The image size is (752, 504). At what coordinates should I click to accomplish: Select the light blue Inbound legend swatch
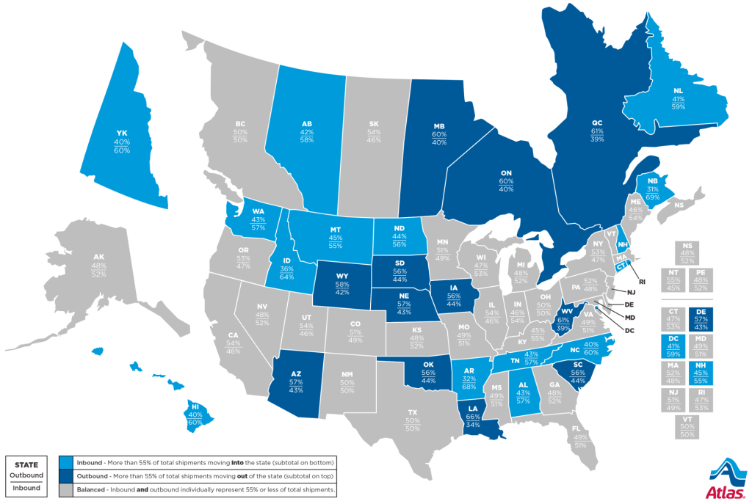(x=65, y=462)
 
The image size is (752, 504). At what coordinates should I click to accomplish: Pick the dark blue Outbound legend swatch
(x=65, y=475)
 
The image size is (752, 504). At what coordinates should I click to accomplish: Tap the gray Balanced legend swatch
(x=65, y=488)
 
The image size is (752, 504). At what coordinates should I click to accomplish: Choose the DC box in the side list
(x=673, y=345)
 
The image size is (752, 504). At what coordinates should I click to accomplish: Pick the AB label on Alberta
(x=308, y=125)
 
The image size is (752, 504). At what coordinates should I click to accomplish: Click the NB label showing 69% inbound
(x=652, y=180)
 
